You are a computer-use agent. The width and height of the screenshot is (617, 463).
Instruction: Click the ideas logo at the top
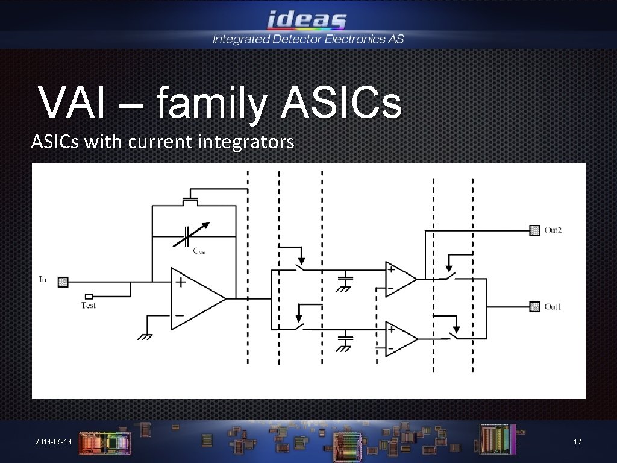coord(307,20)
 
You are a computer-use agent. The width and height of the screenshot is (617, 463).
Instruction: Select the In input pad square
coord(63,281)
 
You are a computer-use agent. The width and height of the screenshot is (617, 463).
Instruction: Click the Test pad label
coord(89,306)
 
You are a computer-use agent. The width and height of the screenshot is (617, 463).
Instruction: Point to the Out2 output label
coord(553,230)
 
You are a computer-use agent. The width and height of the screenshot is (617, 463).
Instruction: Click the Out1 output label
coord(553,307)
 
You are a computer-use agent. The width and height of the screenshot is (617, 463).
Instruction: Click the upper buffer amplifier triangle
coord(399,279)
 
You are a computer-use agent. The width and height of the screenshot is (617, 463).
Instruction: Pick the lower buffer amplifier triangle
coord(399,338)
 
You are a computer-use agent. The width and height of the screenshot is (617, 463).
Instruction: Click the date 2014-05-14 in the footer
coord(54,443)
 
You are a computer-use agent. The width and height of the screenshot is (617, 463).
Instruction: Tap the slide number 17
coord(577,443)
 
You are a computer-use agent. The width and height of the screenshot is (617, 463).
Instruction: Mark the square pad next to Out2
coord(534,230)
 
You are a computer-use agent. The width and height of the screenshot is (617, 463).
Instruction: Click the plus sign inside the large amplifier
coord(180,281)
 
